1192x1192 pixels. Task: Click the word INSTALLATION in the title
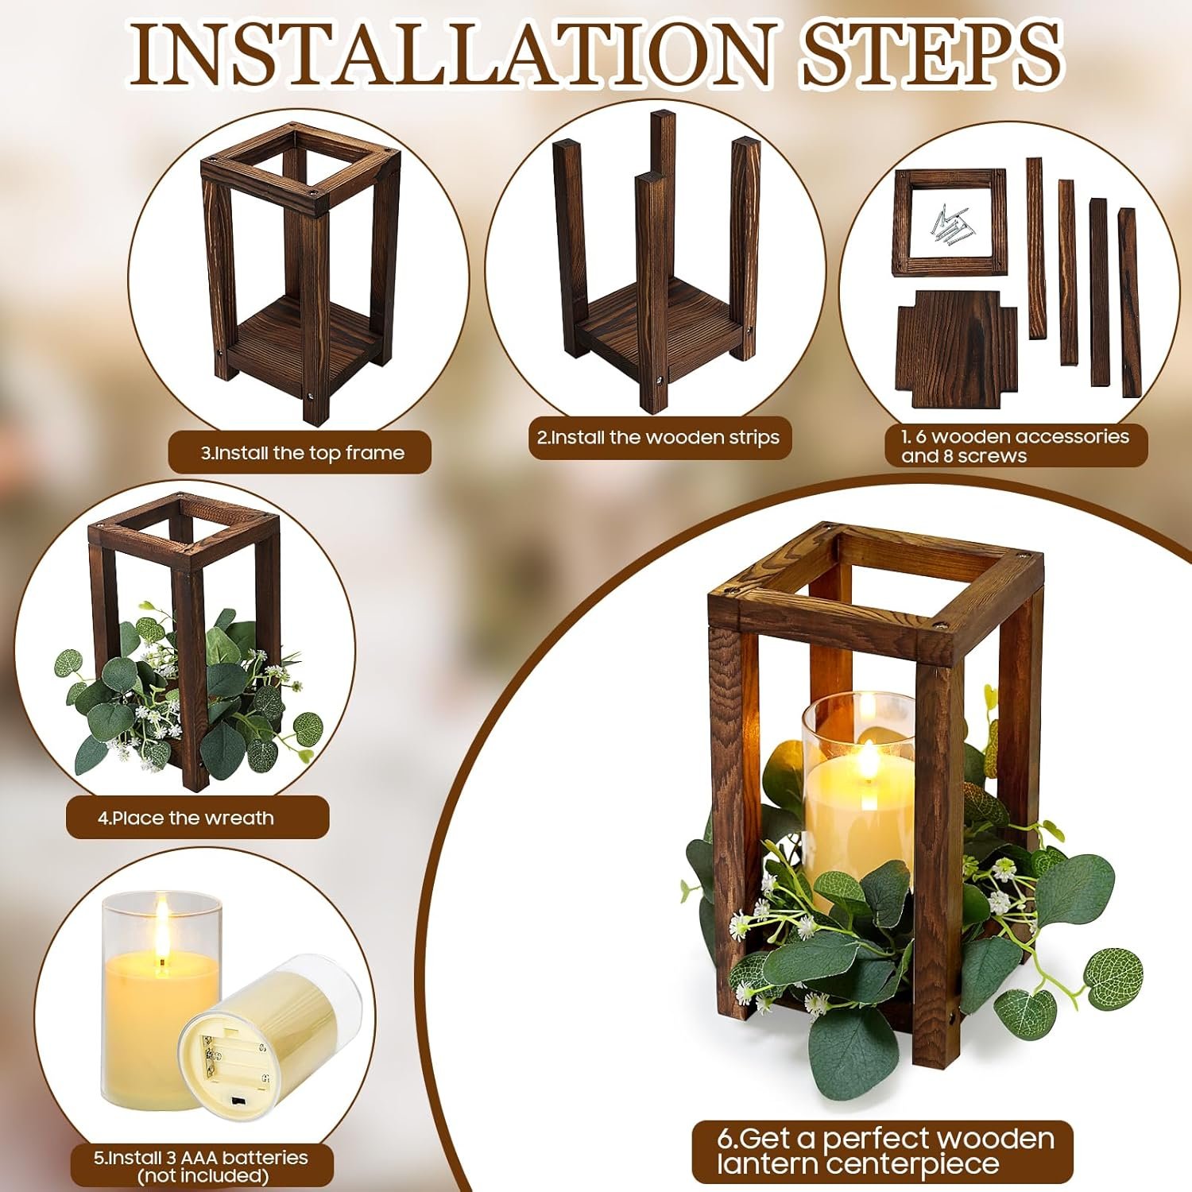tap(451, 53)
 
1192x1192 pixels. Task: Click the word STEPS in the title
tap(931, 53)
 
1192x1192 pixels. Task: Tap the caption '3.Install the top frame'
tap(302, 453)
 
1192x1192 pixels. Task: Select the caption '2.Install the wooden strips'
tap(658, 437)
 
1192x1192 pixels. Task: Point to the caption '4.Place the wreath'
tap(186, 818)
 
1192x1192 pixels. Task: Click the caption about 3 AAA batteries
tap(201, 1166)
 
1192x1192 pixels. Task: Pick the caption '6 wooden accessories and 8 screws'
tap(1015, 446)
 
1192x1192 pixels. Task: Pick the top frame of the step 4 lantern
tap(184, 532)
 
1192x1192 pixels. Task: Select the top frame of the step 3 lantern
tap(300, 167)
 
